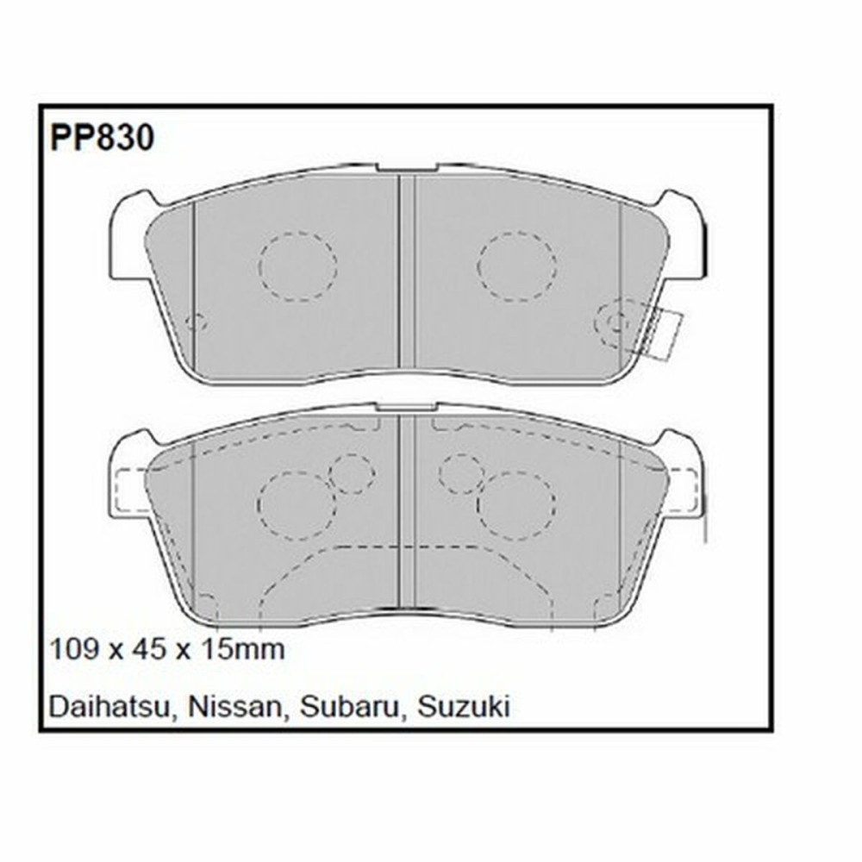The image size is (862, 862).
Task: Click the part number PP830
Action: click(x=102, y=138)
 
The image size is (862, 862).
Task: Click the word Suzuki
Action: click(x=464, y=708)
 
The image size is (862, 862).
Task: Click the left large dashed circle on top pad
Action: click(x=297, y=265)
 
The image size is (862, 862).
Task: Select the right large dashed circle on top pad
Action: click(x=517, y=265)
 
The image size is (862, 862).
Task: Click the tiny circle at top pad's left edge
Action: click(x=197, y=322)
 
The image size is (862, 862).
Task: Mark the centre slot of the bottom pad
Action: click(x=406, y=509)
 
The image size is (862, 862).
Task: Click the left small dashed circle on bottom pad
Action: click(x=352, y=473)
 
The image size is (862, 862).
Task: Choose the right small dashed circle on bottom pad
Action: click(x=461, y=473)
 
